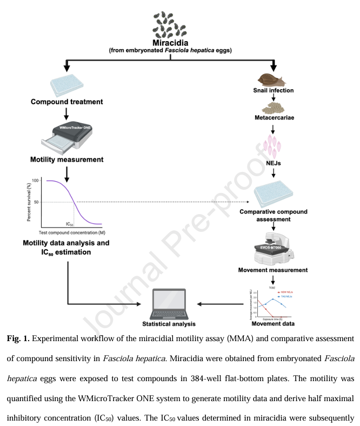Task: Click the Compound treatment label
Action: [x=66, y=101]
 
